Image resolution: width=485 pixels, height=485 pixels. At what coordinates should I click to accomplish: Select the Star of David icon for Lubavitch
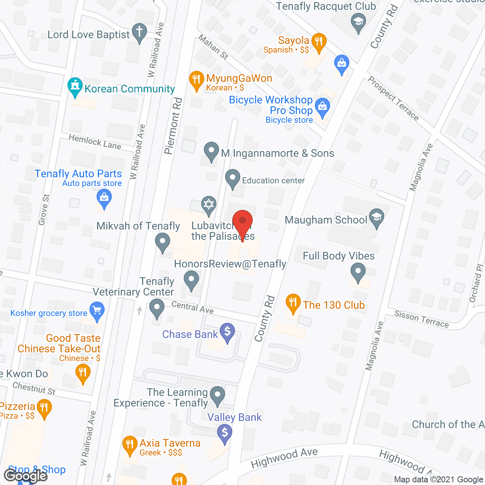point(208,205)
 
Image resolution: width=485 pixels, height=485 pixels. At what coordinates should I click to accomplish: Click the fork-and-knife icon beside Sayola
point(319,41)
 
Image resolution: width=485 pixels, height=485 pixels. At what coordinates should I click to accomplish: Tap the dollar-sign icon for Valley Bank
point(225,432)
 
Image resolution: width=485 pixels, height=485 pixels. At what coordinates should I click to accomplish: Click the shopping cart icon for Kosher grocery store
point(97,310)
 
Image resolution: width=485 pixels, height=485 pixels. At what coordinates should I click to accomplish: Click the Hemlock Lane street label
point(95,142)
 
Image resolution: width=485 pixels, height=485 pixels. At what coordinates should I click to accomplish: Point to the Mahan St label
point(213,47)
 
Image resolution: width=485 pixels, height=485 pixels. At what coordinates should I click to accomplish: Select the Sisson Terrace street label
point(421,319)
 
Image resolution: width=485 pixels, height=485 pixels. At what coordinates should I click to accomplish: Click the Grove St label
point(44,210)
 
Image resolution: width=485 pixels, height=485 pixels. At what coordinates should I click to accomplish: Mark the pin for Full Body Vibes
point(358,271)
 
